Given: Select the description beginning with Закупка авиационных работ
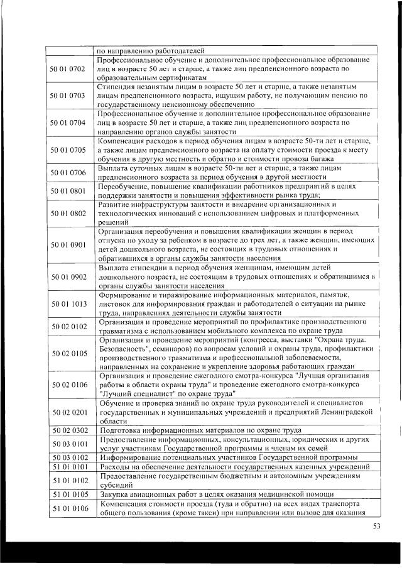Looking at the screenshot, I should (220, 494).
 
